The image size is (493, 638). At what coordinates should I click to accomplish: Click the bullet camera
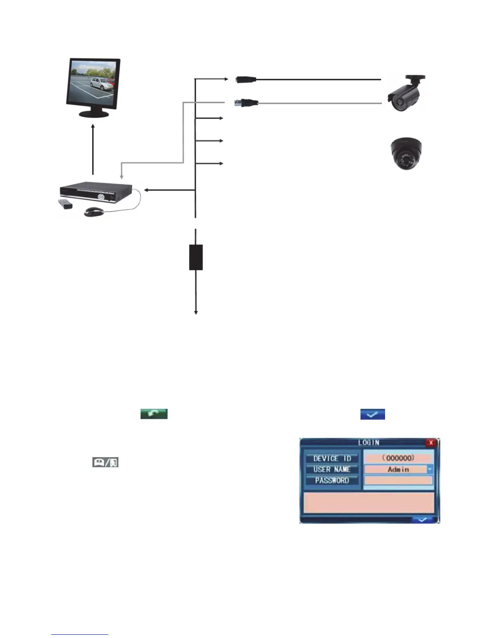(x=405, y=93)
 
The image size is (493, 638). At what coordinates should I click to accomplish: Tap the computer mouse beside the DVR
(x=94, y=211)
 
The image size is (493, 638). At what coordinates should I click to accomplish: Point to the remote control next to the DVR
(x=66, y=204)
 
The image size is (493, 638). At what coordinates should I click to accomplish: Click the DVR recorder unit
(x=96, y=193)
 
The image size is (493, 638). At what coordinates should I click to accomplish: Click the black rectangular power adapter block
(x=196, y=257)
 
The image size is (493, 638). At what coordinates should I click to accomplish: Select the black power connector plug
(x=246, y=79)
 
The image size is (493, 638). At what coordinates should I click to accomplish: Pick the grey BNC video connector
(x=246, y=103)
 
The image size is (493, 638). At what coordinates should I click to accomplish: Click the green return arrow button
(x=154, y=414)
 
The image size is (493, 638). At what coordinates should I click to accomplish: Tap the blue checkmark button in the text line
(x=373, y=414)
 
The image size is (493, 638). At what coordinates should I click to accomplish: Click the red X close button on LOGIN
(x=431, y=443)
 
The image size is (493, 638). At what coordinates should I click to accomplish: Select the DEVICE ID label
(x=332, y=458)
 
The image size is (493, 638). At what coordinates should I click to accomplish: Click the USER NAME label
(x=332, y=469)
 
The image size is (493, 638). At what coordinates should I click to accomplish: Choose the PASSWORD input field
(x=398, y=481)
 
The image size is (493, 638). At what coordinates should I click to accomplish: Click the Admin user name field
(x=396, y=469)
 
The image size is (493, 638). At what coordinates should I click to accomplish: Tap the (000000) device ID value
(x=398, y=458)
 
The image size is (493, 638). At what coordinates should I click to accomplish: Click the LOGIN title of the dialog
(x=369, y=443)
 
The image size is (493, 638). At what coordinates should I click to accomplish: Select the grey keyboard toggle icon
(x=105, y=462)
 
